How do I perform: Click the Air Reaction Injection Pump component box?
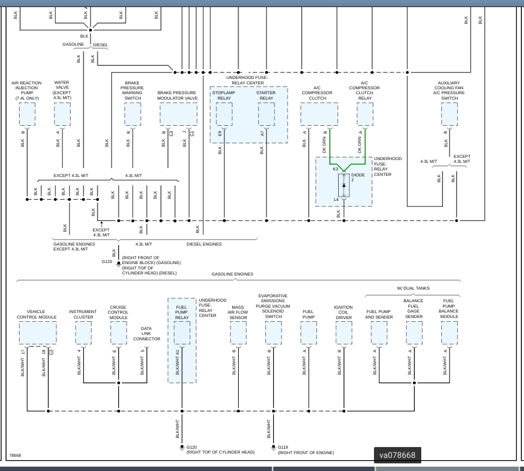(27, 114)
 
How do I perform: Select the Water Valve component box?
(62, 114)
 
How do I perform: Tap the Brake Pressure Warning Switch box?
(133, 114)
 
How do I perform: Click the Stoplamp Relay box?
(224, 114)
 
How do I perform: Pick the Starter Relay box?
(266, 114)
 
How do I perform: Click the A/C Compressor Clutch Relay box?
(365, 114)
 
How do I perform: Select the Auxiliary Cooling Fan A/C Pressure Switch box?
(450, 114)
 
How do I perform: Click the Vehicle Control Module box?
(38, 333)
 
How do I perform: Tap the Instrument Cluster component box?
(83, 333)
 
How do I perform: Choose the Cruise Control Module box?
(118, 333)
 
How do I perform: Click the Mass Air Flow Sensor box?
(238, 333)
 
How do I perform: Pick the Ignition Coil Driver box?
(344, 333)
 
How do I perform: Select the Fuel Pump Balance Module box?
(449, 333)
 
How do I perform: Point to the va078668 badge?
(397, 455)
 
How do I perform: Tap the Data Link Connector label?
(147, 334)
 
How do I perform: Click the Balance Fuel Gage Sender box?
(414, 333)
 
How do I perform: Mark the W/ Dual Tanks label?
(413, 288)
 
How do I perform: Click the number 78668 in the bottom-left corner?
(15, 455)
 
